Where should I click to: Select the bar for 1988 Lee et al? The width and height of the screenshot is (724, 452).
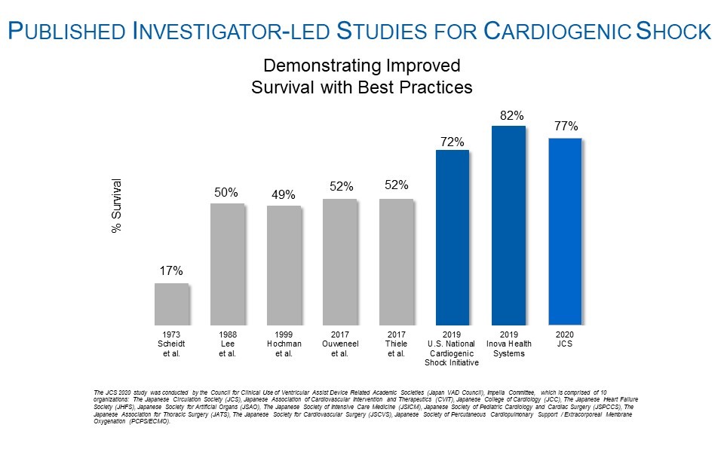click(227, 264)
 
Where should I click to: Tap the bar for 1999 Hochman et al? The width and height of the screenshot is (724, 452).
click(284, 264)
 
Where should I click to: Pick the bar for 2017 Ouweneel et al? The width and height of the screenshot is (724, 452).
click(339, 261)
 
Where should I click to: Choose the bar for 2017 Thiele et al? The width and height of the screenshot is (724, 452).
click(396, 261)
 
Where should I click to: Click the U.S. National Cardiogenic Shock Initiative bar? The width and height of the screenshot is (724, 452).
click(452, 237)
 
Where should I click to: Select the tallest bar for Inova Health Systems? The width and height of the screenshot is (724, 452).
click(508, 224)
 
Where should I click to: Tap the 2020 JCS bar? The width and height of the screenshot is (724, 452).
click(565, 231)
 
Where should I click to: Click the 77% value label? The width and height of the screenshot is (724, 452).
click(566, 127)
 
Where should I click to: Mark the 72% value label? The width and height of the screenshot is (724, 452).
click(452, 141)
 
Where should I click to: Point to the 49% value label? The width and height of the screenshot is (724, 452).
click(284, 196)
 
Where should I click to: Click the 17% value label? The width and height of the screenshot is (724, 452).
click(171, 271)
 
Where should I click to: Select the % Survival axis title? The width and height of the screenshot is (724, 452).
click(116, 206)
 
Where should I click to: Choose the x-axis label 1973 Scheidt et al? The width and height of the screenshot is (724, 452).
click(171, 344)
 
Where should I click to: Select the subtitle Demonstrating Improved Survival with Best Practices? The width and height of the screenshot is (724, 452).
click(361, 76)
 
